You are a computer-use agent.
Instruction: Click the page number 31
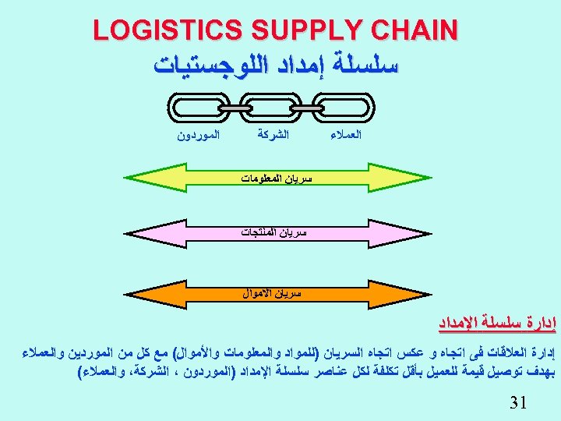point(516,402)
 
